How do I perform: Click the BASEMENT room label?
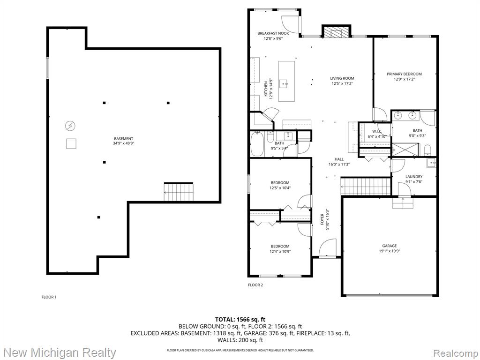pyautogui.click(x=123, y=139)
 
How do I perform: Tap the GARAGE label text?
pyautogui.click(x=390, y=246)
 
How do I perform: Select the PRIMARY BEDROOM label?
pyautogui.click(x=404, y=74)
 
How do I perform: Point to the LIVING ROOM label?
pyautogui.click(x=342, y=78)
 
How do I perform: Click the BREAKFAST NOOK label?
pyautogui.click(x=273, y=33)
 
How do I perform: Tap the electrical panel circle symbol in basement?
pyautogui.click(x=70, y=126)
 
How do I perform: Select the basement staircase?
pyautogui.click(x=179, y=192)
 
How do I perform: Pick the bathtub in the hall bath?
pyautogui.click(x=257, y=144)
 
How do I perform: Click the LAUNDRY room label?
pyautogui.click(x=414, y=177)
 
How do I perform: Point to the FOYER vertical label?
pyautogui.click(x=322, y=219)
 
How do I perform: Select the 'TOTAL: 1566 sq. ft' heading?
pyautogui.click(x=240, y=320)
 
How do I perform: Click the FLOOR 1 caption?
pyautogui.click(x=49, y=297)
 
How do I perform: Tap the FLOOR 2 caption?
pyautogui.click(x=255, y=285)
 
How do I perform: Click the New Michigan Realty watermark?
pyautogui.click(x=60, y=352)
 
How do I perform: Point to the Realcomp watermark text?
pyautogui.click(x=455, y=353)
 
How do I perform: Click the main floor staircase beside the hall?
pyautogui.click(x=366, y=186)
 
